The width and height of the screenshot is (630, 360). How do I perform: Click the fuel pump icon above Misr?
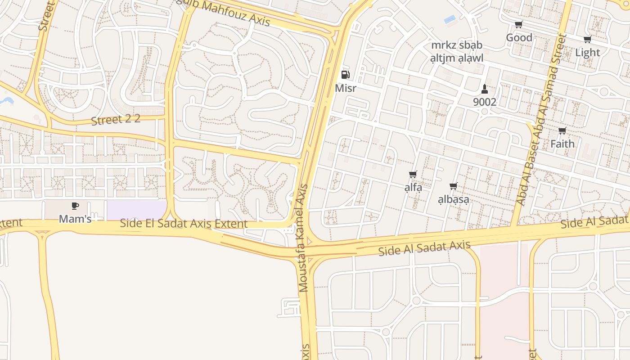tap(345, 75)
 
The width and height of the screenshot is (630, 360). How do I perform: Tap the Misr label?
tap(346, 88)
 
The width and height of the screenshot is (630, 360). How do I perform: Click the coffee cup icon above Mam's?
tap(75, 206)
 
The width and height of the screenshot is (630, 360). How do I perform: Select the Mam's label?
tap(75, 219)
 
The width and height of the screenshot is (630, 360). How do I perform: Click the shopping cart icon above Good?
tap(519, 25)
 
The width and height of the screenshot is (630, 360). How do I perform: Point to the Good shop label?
tap(519, 38)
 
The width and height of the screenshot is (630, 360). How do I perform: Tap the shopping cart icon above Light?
tap(587, 40)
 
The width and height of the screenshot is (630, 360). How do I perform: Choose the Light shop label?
tap(588, 53)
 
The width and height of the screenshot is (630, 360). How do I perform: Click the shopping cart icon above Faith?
tap(562, 131)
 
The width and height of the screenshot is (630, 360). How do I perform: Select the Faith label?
tap(562, 144)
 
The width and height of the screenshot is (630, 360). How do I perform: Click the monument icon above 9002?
tap(485, 89)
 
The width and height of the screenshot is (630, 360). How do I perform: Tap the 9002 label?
tap(485, 102)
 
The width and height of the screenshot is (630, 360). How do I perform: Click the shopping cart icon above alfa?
tap(413, 174)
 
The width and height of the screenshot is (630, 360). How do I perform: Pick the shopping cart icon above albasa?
tap(454, 186)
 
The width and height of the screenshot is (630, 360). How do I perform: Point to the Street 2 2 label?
tap(116, 120)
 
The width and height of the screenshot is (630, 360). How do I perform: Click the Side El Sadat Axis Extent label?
tap(184, 224)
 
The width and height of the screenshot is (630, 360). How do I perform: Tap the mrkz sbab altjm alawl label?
tap(457, 52)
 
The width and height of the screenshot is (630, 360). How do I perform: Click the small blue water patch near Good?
tap(450, 19)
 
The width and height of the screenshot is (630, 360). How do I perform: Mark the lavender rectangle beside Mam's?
tap(136, 210)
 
